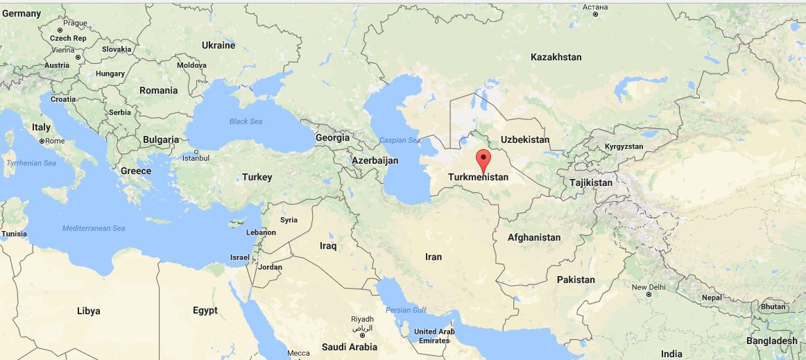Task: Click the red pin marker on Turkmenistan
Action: click(483, 159)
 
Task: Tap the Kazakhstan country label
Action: click(556, 57)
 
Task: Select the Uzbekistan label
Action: click(524, 139)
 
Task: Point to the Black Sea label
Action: click(246, 121)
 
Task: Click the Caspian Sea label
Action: click(399, 140)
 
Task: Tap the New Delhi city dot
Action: click(648, 294)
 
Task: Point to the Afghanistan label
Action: click(533, 237)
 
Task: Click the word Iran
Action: click(433, 257)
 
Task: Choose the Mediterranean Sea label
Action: click(94, 228)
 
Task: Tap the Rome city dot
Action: click(42, 141)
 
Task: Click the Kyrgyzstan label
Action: click(624, 147)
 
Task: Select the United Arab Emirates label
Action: click(434, 336)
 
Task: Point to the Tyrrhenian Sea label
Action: click(31, 163)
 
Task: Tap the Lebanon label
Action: click(261, 232)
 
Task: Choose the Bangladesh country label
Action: click(771, 341)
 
